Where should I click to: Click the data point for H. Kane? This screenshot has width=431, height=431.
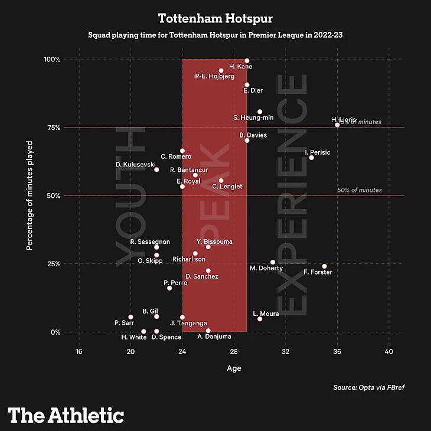[x=247, y=61]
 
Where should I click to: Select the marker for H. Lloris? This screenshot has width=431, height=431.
[x=337, y=125]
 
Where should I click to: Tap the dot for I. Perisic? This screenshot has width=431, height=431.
[x=311, y=158]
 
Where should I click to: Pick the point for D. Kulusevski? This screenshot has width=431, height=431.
[x=156, y=169]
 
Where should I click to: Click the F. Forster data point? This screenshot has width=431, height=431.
[x=324, y=266]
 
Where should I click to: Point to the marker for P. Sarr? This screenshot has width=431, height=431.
[x=130, y=317]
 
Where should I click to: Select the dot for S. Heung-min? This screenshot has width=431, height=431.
[x=260, y=112]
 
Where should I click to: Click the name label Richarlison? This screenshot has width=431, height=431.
[x=189, y=259]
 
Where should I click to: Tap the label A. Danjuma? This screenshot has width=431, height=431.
[x=214, y=337]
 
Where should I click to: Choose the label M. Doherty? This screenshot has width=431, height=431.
[x=266, y=269]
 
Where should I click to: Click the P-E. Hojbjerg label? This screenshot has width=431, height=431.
[x=215, y=77]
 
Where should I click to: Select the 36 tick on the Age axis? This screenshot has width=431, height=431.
[x=337, y=352]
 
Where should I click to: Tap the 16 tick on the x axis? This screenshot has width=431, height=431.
[x=79, y=352]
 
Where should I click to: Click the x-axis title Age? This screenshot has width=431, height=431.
[x=234, y=368]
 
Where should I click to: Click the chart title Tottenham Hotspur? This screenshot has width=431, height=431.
[x=215, y=18]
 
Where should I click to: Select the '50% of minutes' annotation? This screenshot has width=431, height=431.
[x=359, y=190]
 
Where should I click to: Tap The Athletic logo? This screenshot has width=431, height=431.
[x=66, y=415]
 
